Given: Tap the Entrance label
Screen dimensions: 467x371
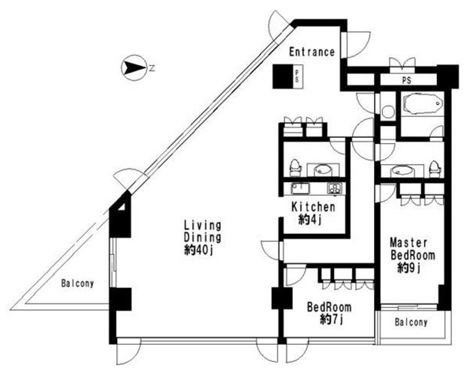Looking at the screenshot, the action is (312, 52).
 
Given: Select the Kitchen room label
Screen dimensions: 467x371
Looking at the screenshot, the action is (313, 207).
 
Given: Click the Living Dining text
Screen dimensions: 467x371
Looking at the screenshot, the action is (203, 232).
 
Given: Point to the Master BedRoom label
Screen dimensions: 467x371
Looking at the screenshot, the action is (412, 249).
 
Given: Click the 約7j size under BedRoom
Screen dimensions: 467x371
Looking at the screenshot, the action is (332, 320).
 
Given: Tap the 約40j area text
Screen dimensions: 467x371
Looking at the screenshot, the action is (199, 250).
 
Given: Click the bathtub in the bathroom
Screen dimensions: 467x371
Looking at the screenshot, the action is (422, 104).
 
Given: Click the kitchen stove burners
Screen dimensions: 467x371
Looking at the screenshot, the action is (334, 188).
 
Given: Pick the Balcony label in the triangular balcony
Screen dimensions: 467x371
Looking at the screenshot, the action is (77, 283).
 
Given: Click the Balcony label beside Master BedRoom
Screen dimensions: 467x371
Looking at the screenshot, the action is (411, 322).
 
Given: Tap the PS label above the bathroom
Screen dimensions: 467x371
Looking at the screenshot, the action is (406, 80).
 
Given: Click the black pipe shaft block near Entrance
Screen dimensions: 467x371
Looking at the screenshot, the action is (282, 76).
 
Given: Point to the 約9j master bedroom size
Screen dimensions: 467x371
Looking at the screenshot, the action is (408, 268).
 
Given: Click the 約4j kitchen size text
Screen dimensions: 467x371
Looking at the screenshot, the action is (310, 220).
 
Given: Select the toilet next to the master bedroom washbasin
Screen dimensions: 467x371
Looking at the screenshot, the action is (434, 169).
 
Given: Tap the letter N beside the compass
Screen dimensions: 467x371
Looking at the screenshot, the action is (152, 68).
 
